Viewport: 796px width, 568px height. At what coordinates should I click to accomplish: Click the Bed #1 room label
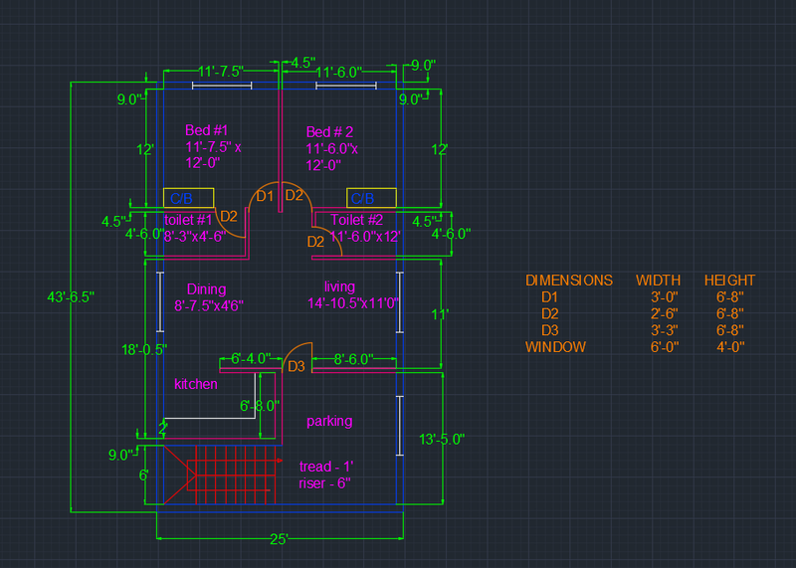207,130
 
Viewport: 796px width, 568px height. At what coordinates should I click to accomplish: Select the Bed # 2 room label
329,132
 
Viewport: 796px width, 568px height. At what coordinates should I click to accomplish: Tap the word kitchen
196,384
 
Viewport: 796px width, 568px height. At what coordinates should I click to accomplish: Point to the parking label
329,421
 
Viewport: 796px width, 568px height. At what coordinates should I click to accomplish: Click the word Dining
206,289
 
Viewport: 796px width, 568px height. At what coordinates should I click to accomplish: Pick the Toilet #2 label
357,220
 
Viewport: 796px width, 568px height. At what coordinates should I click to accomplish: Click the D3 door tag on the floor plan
296,367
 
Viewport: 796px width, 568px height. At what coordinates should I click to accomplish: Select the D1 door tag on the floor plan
265,196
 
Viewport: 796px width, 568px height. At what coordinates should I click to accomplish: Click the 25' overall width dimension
280,539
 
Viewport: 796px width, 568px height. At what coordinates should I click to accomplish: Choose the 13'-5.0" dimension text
442,438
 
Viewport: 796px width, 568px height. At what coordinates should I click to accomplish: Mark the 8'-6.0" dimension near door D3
353,358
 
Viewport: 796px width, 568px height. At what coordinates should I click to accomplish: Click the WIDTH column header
658,281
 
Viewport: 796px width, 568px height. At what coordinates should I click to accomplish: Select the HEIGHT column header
729,281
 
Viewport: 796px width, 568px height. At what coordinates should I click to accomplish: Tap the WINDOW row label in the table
555,347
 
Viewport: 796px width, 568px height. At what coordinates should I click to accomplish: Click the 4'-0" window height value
729,347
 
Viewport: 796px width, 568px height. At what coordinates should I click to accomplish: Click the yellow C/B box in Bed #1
188,197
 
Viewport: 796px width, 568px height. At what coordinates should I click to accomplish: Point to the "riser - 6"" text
324,483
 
